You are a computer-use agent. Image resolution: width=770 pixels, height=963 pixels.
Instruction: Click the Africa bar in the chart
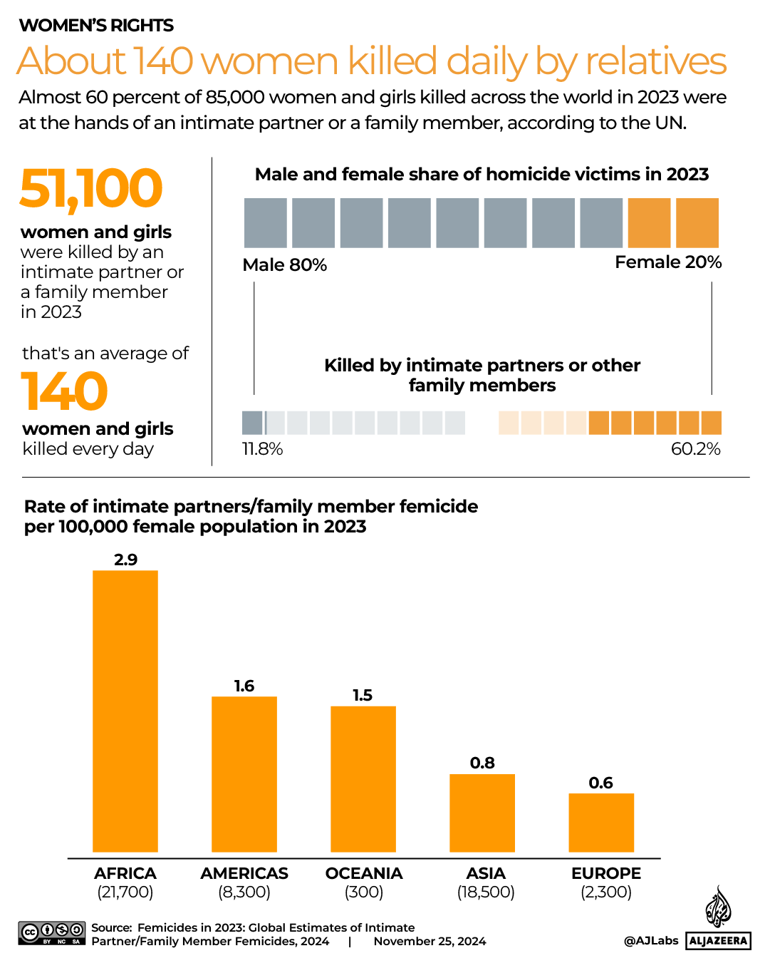pos(125,711)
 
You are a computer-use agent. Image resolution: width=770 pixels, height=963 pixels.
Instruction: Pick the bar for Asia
pos(482,813)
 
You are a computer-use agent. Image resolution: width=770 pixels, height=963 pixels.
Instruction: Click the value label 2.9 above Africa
pos(125,560)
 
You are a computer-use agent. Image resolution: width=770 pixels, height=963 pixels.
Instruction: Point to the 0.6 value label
pos(600,783)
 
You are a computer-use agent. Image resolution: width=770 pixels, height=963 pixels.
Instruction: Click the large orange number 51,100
pos(91,189)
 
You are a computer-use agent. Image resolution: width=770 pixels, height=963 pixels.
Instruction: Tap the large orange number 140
pos(64,391)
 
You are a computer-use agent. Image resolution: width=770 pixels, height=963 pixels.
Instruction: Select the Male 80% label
pos(285,265)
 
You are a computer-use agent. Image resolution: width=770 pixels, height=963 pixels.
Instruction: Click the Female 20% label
pos(668,262)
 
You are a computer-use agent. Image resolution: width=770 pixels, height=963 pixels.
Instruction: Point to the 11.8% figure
pos(263,449)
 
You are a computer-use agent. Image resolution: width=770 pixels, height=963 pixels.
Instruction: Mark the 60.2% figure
pos(695,449)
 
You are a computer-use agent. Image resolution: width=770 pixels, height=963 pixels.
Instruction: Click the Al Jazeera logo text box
pos(719,941)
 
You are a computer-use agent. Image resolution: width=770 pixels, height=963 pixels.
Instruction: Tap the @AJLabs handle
pos(651,941)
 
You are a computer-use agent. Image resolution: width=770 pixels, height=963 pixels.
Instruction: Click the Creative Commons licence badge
pos(52,933)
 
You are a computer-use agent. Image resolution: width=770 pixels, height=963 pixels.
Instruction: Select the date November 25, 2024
pos(430,942)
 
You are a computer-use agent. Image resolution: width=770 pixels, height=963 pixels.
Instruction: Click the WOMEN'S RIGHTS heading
pos(96,26)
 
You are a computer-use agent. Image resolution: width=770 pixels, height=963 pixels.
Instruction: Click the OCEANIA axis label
pos(364,873)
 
